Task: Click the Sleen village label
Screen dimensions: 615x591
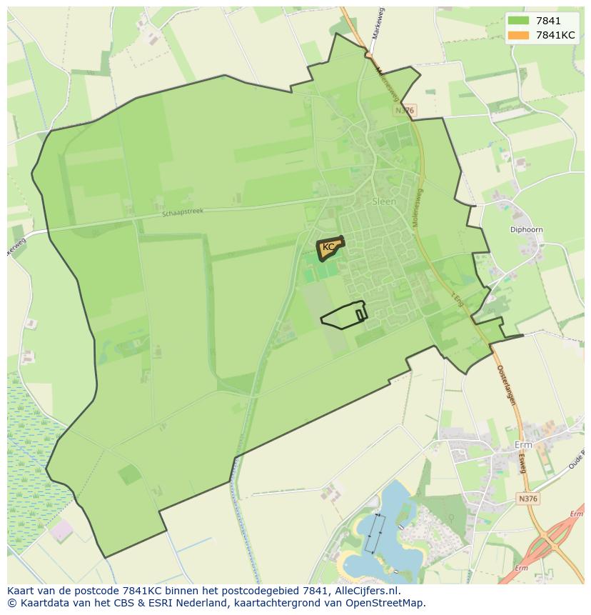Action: click(x=384, y=202)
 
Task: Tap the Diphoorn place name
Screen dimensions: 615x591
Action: click(x=527, y=230)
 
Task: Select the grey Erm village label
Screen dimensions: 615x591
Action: click(x=523, y=445)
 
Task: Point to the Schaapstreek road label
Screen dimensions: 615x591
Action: click(x=183, y=212)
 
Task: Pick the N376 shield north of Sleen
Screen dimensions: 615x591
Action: click(x=404, y=111)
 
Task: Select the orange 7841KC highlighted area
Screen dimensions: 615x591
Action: click(x=329, y=248)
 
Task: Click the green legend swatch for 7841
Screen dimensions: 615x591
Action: click(x=519, y=21)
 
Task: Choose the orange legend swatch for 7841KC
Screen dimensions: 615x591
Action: click(x=519, y=35)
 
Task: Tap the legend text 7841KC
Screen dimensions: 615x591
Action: click(x=555, y=35)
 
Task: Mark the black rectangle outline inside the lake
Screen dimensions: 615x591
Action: click(x=373, y=534)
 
